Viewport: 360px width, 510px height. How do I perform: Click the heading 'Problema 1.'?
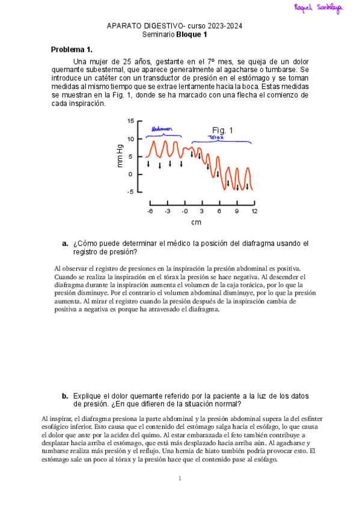[x=72, y=49]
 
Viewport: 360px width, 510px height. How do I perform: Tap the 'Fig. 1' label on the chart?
[x=223, y=130]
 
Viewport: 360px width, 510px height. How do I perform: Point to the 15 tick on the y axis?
[x=132, y=121]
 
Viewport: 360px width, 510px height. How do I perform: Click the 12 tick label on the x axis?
[x=254, y=211]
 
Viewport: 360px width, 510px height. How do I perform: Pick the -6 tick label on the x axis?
[x=150, y=211]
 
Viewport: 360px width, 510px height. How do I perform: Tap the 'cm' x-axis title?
[x=196, y=223]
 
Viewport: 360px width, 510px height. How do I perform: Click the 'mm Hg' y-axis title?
[x=120, y=156]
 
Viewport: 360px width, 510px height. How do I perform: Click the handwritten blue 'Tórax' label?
[x=216, y=138]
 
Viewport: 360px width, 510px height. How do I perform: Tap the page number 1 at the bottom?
[x=179, y=479]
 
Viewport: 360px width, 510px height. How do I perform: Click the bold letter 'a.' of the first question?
[x=65, y=244]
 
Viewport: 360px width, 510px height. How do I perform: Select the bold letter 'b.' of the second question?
[x=65, y=396]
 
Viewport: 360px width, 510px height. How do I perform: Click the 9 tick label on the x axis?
[x=237, y=211]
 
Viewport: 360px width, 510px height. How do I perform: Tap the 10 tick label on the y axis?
[x=132, y=139]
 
